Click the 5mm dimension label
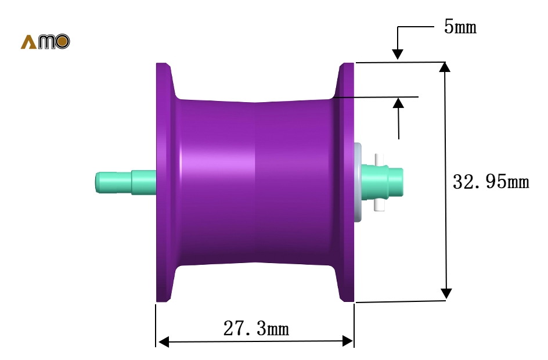click(460, 27)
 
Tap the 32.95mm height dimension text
click(491, 182)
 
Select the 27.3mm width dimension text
click(256, 328)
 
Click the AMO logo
click(45, 42)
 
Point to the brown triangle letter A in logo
click(28, 42)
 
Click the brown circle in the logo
click(62, 42)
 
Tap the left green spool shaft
click(126, 182)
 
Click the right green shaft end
click(383, 182)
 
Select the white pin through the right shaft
click(380, 182)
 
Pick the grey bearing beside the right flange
click(358, 182)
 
